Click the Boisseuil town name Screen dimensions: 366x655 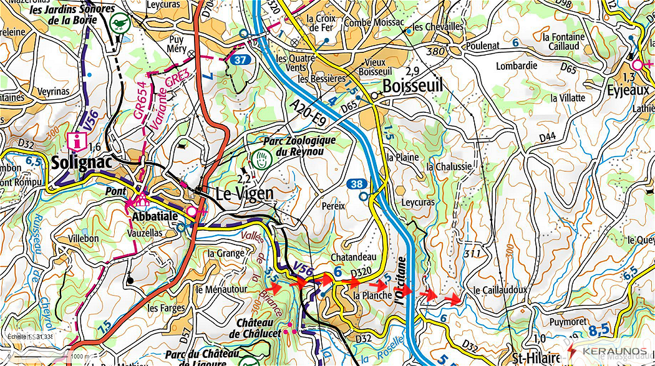coord(412,86)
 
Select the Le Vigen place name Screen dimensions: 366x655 coord(244,193)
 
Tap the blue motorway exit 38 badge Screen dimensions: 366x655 coord(355,183)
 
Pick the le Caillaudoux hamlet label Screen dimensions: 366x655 coord(500,290)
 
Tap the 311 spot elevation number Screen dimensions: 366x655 coord(472,254)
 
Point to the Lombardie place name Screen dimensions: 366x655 coord(517,65)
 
